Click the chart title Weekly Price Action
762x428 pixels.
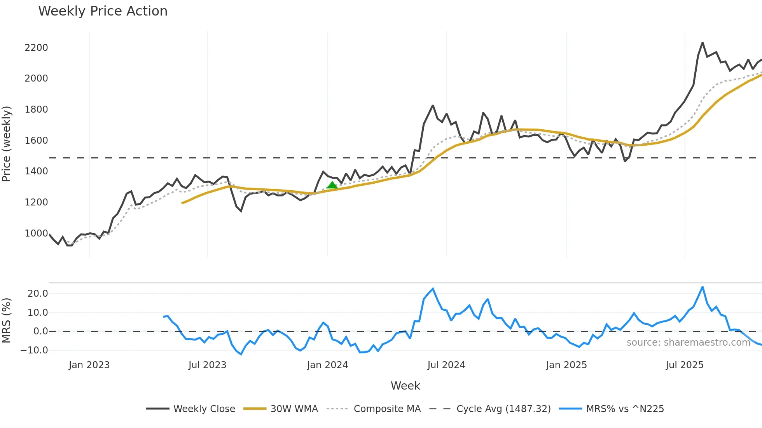(x=103, y=11)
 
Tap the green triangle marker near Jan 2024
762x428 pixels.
(x=332, y=185)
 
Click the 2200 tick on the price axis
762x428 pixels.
(x=36, y=47)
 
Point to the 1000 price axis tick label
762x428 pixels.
(x=36, y=233)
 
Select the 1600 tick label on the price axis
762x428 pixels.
(x=36, y=140)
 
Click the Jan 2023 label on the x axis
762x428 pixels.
(x=89, y=365)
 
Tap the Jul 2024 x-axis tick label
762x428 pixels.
(x=446, y=365)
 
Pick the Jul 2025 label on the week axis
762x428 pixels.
(x=684, y=365)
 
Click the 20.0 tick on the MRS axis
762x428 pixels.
(x=38, y=293)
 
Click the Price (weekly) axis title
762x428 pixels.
(x=7, y=144)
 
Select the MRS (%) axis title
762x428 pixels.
(x=7, y=320)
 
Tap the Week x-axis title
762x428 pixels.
(x=405, y=386)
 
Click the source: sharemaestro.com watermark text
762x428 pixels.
(x=688, y=342)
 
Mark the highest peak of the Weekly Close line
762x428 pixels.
(x=703, y=43)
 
